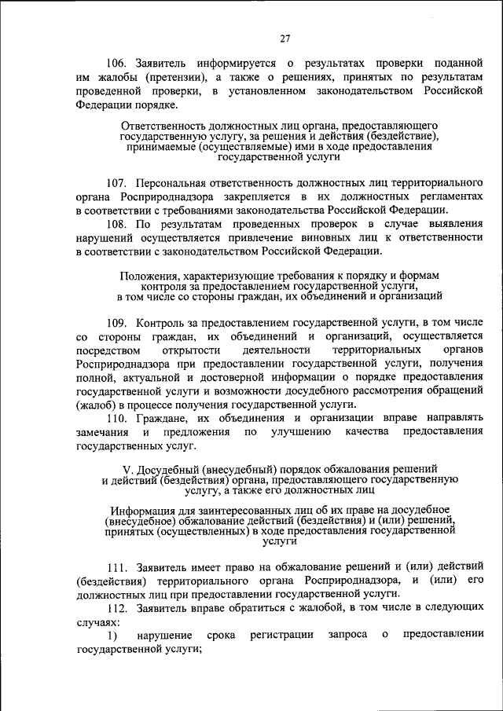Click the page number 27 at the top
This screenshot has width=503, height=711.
tap(285, 39)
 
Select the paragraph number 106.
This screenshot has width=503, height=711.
tap(119, 63)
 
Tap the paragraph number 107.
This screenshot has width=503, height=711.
tap(119, 182)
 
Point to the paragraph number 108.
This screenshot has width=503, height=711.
tap(119, 224)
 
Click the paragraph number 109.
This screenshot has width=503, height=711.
tap(119, 323)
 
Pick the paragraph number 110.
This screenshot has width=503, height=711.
tap(119, 417)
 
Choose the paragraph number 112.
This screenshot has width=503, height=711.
tap(119, 607)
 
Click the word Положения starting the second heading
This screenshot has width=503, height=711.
tap(147, 276)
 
